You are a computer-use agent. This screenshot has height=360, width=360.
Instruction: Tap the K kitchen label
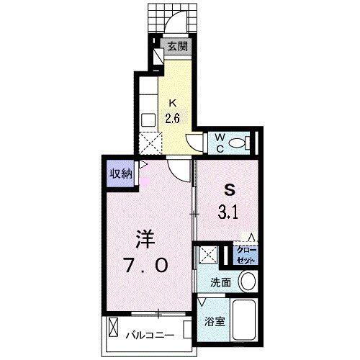click(172, 103)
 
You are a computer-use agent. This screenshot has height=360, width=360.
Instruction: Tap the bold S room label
click(230, 191)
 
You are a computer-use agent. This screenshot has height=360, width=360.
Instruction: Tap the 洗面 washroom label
click(220, 282)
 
